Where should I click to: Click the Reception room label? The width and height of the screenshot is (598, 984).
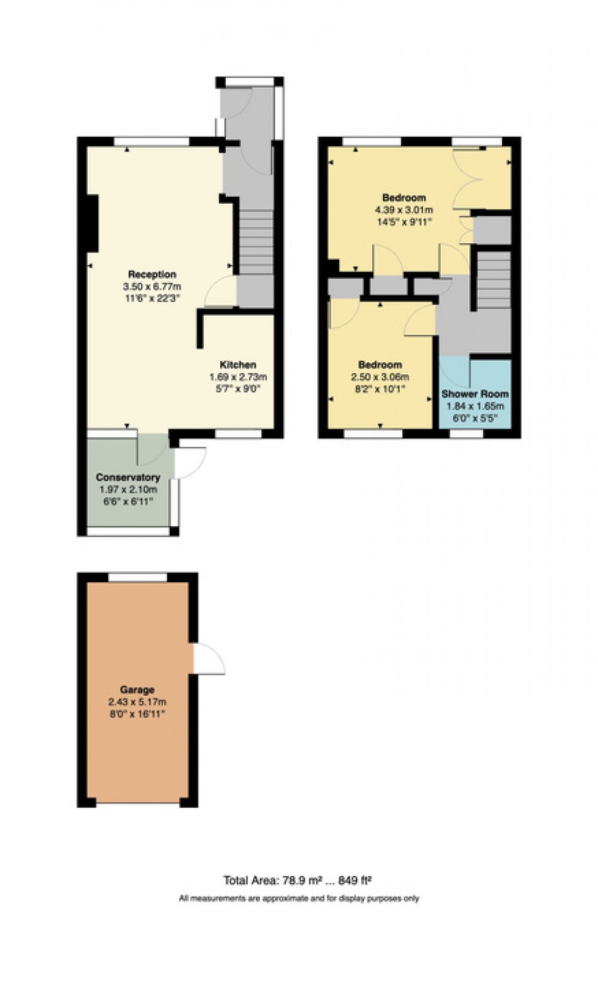(x=152, y=274)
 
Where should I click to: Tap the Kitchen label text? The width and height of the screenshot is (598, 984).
(x=237, y=365)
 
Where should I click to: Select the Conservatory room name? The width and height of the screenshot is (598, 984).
(x=128, y=477)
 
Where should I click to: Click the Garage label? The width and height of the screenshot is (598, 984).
(x=137, y=690)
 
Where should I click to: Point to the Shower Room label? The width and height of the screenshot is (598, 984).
(x=475, y=394)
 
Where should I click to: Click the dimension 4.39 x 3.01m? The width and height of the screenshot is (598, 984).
(x=404, y=210)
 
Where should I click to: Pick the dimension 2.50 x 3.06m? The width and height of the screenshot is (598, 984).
(x=380, y=377)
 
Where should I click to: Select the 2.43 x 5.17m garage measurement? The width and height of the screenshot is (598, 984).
(x=137, y=702)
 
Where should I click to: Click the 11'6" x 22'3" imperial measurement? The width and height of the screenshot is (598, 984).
(x=152, y=298)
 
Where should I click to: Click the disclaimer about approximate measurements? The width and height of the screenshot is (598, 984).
(x=299, y=898)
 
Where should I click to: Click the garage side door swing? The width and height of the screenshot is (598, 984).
(x=209, y=659)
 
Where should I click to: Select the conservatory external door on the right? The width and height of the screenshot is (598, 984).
(x=190, y=462)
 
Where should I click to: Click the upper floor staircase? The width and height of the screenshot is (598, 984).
(x=493, y=280)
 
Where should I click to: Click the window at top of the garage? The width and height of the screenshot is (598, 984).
(x=137, y=576)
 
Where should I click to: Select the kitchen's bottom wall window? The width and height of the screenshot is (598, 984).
(x=239, y=433)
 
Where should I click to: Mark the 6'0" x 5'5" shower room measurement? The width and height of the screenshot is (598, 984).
(x=475, y=418)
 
